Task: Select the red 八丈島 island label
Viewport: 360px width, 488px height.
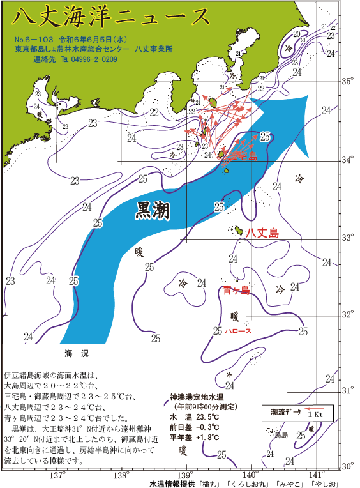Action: pyautogui.click(x=262, y=233)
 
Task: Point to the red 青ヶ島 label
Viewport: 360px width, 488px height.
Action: pyautogui.click(x=237, y=291)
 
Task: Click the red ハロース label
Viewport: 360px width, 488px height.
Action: pyautogui.click(x=237, y=331)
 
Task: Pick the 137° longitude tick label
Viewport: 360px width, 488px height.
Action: pyautogui.click(x=57, y=475)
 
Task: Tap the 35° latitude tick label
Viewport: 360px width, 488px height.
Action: pyautogui.click(x=346, y=82)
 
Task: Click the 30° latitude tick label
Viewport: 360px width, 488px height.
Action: pyautogui.click(x=346, y=466)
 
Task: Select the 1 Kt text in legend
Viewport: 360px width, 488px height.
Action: pyautogui.click(x=315, y=415)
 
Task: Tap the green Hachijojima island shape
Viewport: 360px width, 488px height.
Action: pyautogui.click(x=237, y=230)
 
